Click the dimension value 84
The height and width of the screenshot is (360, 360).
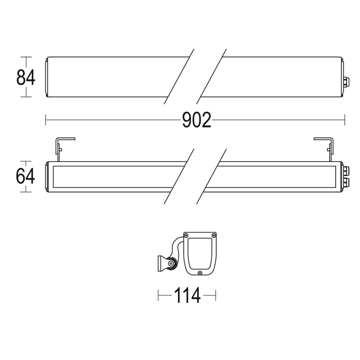click(x=26, y=77)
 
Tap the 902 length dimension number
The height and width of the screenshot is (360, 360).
click(x=197, y=120)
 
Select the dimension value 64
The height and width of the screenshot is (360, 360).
click(x=25, y=176)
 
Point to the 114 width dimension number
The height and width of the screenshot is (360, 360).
click(x=187, y=295)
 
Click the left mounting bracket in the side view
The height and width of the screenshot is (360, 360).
click(x=58, y=149)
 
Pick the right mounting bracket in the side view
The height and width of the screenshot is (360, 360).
click(x=330, y=149)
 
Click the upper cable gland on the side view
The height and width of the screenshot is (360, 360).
click(x=346, y=171)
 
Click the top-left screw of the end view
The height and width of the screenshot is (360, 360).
click(x=186, y=235)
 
